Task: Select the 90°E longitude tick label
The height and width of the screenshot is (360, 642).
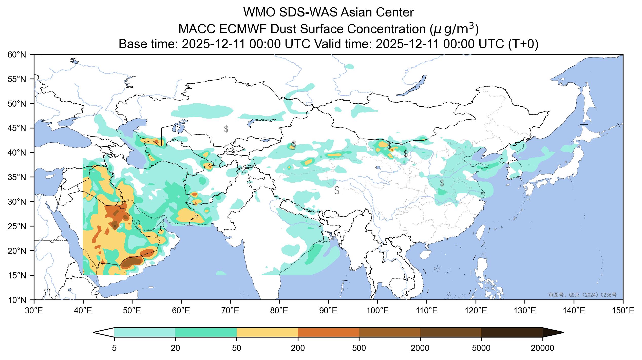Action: (x=329, y=310)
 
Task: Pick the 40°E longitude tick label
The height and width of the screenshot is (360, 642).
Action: (x=83, y=310)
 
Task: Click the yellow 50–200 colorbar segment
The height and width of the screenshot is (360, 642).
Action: (x=267, y=332)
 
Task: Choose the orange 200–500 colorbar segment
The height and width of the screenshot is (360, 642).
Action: (x=328, y=332)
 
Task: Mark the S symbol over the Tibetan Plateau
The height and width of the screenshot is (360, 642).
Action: (x=337, y=190)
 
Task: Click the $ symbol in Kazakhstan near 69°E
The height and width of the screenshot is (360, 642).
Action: (x=226, y=129)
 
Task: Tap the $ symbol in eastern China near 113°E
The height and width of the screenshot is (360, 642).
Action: (x=442, y=183)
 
